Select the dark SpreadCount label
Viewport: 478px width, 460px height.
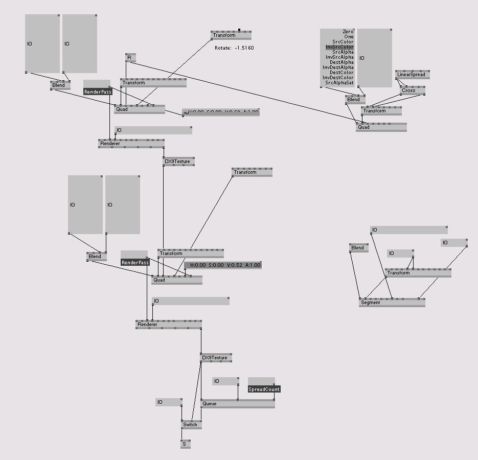[x=264, y=389]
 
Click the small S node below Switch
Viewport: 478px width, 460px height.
[x=185, y=445]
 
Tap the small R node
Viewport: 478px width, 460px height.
[x=130, y=58]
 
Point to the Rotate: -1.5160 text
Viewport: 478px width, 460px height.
[x=234, y=48]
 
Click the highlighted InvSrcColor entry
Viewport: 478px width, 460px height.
[x=339, y=47]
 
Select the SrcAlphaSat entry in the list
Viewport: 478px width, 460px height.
[x=339, y=83]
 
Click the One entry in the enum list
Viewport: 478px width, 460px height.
[x=349, y=37]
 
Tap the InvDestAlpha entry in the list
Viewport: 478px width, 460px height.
[x=338, y=67]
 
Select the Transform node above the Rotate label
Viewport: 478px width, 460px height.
[x=231, y=35]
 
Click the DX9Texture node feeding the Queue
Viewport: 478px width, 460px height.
[x=216, y=358]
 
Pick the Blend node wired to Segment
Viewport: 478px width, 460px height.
[x=358, y=248]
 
